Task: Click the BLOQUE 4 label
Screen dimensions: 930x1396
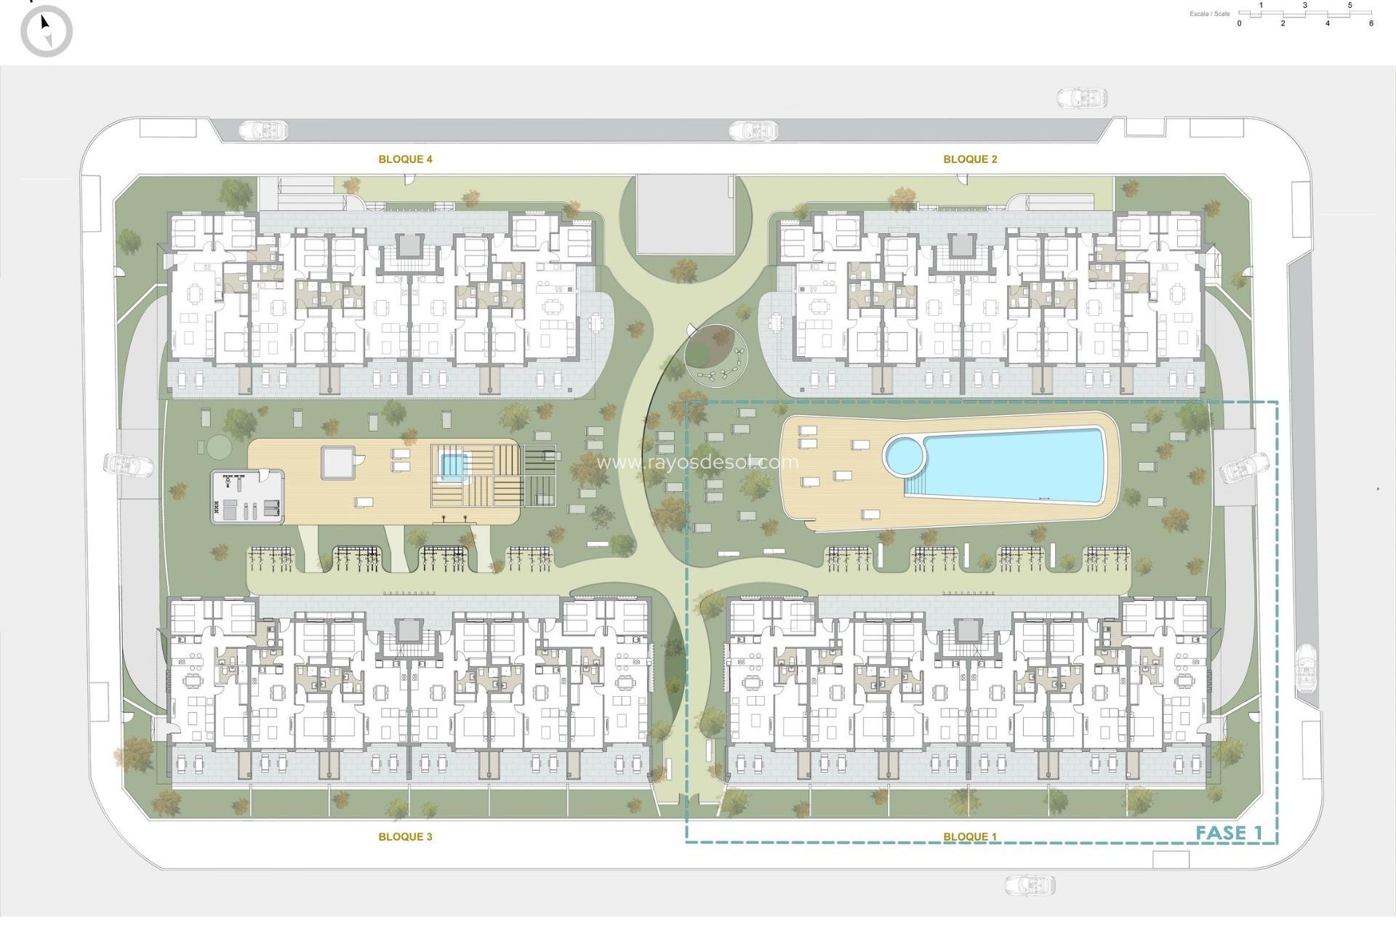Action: [x=405, y=159]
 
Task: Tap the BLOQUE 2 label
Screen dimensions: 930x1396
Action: [x=970, y=159]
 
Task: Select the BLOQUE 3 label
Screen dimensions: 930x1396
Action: [x=405, y=836]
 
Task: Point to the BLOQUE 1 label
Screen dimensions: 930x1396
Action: [x=970, y=836]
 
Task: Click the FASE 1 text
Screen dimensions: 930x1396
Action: [x=1229, y=833]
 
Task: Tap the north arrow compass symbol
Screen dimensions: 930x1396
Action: [x=47, y=31]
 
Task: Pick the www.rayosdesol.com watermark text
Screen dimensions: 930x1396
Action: [x=697, y=462]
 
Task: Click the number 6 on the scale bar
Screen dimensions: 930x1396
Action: [x=1371, y=23]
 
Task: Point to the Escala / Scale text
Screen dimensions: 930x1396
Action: [x=1210, y=14]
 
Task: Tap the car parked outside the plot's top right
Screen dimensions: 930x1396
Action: [x=1082, y=97]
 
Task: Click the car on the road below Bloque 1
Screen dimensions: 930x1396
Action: [x=1030, y=884]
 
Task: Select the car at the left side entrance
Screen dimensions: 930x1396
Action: [x=129, y=464]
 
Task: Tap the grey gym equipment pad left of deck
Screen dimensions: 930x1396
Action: [x=247, y=496]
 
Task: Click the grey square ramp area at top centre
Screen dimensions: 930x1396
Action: [x=685, y=214]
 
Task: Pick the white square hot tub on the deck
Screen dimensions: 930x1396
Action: [x=338, y=462]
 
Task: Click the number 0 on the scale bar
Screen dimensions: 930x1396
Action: [x=1240, y=23]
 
